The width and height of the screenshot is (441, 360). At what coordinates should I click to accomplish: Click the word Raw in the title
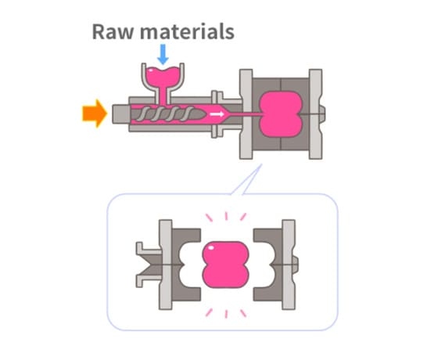click(113, 31)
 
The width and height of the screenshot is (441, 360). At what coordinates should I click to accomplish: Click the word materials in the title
click(187, 31)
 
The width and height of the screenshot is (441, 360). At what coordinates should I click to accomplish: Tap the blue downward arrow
click(163, 54)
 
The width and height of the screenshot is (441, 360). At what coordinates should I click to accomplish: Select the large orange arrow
click(95, 113)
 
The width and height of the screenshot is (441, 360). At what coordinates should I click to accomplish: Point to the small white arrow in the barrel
click(217, 114)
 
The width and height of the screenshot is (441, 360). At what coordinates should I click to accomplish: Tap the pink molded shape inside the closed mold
click(281, 114)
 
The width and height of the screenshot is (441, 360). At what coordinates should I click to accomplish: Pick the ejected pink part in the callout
click(225, 265)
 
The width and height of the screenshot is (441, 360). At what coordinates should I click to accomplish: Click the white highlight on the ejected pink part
click(211, 247)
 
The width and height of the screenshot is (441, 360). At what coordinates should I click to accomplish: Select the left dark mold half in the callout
click(185, 265)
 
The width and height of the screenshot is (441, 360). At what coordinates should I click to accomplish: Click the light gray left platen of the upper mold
click(246, 114)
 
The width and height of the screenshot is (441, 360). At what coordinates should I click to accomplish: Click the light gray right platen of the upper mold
click(316, 114)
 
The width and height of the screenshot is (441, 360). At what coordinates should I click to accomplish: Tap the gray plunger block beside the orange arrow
click(121, 114)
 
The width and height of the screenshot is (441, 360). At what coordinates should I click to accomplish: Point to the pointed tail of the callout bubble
click(261, 165)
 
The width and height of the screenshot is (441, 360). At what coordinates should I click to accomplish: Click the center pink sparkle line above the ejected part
click(226, 216)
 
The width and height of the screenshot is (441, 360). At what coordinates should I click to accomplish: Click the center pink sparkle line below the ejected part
click(226, 314)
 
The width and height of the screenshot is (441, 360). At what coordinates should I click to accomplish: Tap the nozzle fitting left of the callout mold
click(149, 265)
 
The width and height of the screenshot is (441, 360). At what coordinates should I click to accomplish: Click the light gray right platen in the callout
click(289, 265)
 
